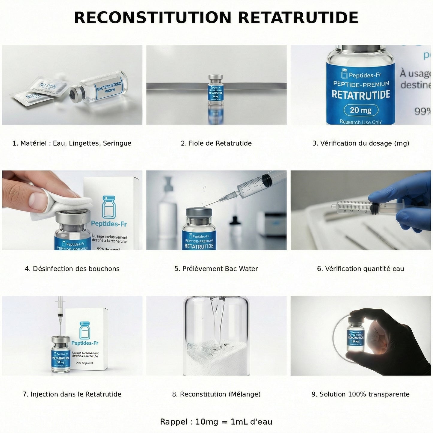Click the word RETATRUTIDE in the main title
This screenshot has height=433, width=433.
coord(298,18)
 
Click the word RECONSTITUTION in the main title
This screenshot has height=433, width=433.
coord(153,18)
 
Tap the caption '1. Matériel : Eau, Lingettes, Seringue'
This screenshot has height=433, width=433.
coord(72,143)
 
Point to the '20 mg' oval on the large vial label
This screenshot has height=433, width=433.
coord(360,110)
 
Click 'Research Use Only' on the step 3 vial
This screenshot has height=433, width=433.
coord(360,122)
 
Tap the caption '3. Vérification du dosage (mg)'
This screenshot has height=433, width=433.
coord(361,143)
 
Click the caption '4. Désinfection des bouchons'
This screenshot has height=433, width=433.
coord(72,269)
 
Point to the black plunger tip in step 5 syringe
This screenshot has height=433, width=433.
coord(266,180)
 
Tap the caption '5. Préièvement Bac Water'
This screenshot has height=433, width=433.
coord(216,269)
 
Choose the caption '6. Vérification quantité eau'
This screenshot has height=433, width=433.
coord(360,269)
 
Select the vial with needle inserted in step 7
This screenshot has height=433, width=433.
coord(61,355)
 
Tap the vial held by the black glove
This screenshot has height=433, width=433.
coord(356,336)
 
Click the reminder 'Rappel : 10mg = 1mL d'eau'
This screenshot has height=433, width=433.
coord(216,422)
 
